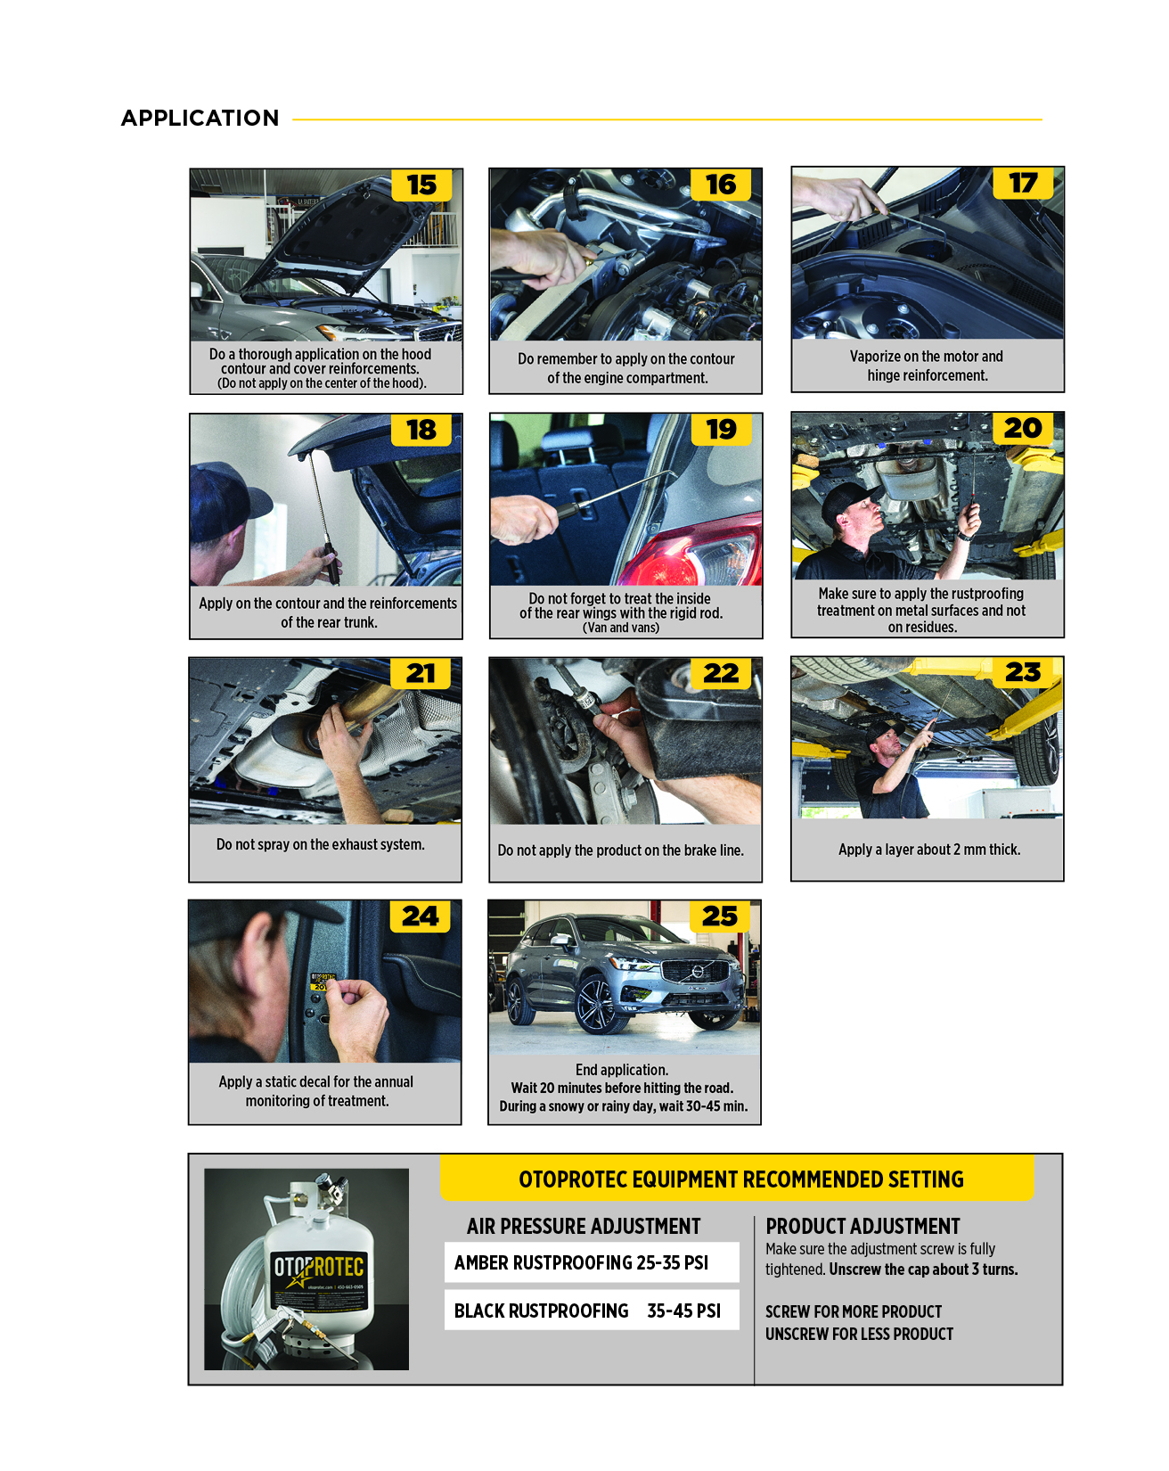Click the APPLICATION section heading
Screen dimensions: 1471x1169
200,119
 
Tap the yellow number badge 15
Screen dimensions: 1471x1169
421,185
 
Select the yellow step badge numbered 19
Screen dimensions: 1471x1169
721,429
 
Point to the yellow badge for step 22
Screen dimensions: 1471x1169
720,673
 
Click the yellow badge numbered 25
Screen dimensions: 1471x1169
719,916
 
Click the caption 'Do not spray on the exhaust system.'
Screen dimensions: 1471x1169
321,844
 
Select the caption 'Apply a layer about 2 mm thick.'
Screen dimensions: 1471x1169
929,850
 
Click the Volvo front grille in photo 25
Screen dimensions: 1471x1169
697,971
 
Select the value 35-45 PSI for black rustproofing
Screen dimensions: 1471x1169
683,1311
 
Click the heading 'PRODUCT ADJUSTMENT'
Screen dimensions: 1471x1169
862,1226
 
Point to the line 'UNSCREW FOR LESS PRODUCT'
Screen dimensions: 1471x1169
859,1334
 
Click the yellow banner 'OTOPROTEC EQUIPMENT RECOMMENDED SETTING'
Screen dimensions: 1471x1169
740,1179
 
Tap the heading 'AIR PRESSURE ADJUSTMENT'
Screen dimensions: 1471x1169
584,1226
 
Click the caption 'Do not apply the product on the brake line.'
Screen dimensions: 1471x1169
620,851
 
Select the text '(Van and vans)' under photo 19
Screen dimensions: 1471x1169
621,628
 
